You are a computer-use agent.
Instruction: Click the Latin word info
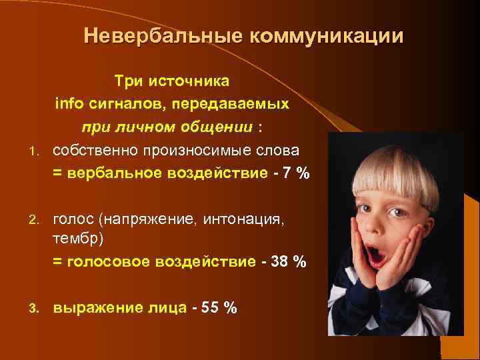pyautogui.click(x=67, y=104)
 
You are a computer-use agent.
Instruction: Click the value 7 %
pyautogui.click(x=296, y=173)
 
